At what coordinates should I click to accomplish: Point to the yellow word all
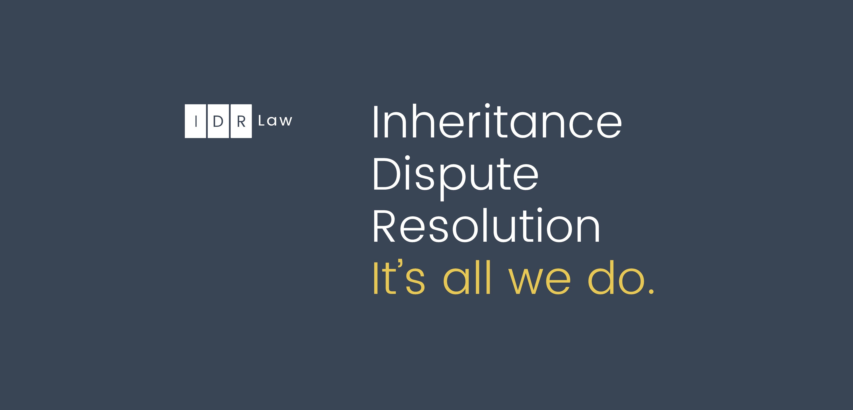[467, 277]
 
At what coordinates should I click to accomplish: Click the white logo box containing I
[195, 121]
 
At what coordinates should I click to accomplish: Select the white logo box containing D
[218, 121]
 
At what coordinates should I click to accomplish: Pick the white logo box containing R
[241, 121]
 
